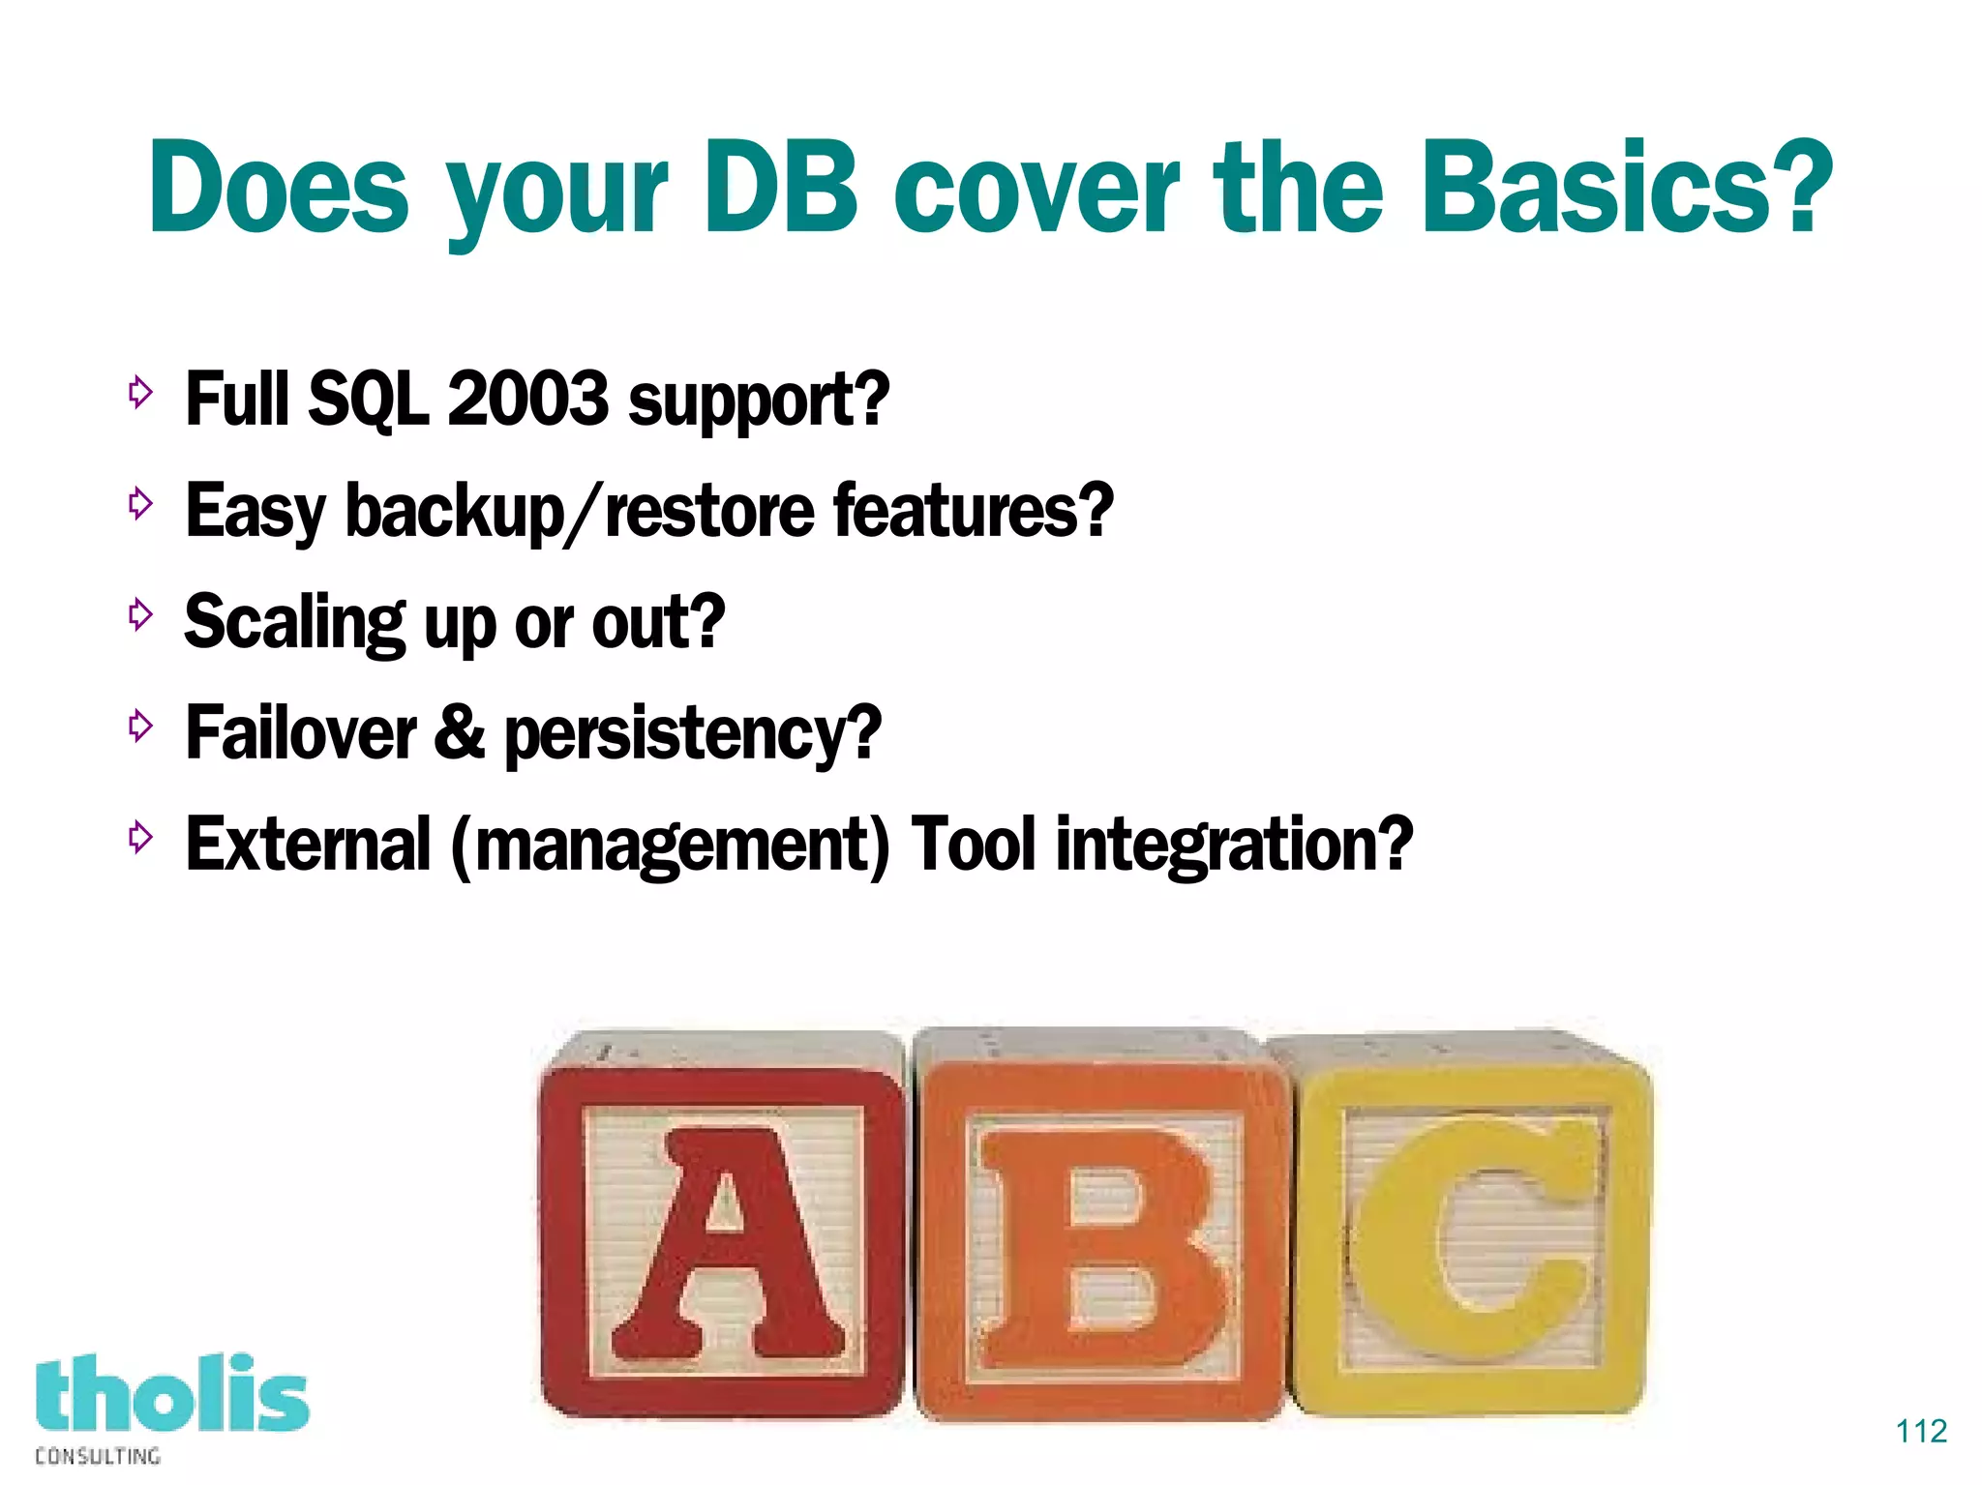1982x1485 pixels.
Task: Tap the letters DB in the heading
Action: (782, 189)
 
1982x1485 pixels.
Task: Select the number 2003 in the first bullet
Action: (528, 399)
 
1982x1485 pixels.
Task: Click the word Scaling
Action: (294, 623)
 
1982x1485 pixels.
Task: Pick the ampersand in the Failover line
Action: (459, 732)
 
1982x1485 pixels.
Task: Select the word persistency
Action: (693, 735)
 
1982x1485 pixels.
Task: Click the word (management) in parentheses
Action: (670, 846)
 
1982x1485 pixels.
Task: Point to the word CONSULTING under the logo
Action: (98, 1456)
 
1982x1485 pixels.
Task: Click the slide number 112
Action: (1921, 1431)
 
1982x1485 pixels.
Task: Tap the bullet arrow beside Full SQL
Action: (141, 392)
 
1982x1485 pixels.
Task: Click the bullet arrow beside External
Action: (141, 837)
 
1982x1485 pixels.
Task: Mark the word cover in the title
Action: (1036, 189)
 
